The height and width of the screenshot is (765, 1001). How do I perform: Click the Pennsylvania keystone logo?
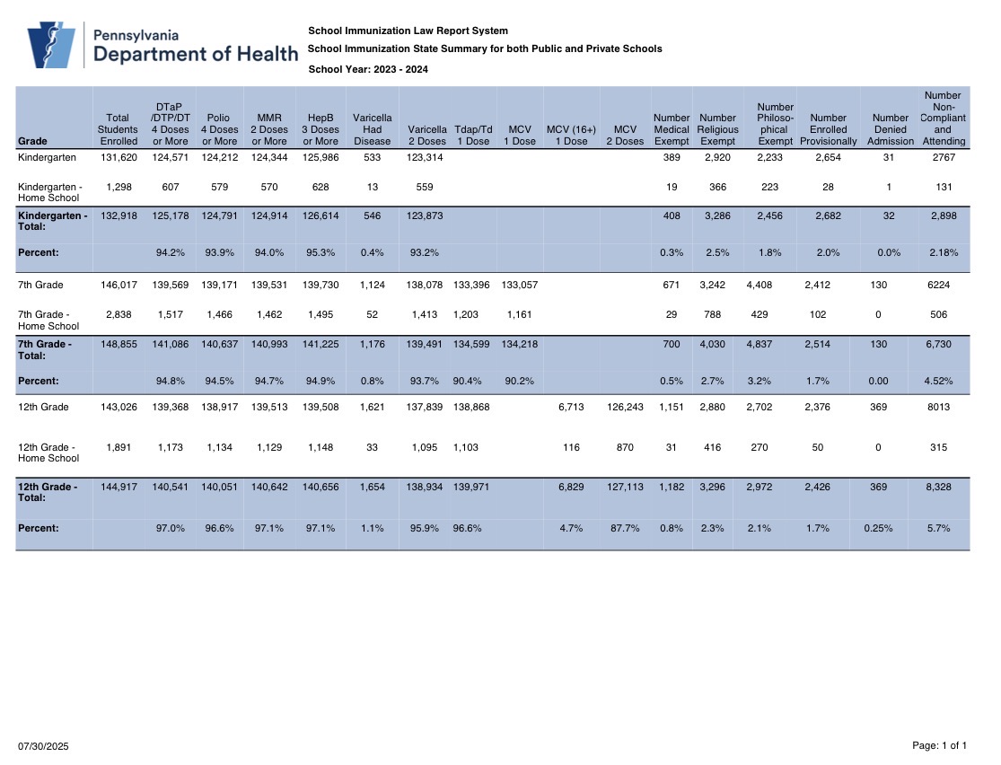tap(51, 45)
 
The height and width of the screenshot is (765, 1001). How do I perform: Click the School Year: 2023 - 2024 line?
tap(368, 69)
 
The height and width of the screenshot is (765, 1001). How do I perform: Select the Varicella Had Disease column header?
tap(373, 129)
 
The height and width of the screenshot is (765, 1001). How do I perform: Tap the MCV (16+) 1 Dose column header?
tap(571, 136)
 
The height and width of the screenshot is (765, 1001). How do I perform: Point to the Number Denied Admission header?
tap(890, 129)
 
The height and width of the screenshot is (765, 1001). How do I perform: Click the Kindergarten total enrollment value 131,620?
tap(119, 157)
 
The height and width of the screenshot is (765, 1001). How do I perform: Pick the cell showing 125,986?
tap(320, 157)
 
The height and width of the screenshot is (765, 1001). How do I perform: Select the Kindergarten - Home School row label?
tap(49, 192)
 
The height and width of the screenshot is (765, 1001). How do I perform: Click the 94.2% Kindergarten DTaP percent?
tap(171, 252)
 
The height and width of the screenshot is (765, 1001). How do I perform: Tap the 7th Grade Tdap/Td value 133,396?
tap(472, 285)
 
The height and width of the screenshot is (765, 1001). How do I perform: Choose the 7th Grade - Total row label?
tap(45, 349)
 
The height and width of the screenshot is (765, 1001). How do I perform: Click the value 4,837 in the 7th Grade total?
tap(759, 344)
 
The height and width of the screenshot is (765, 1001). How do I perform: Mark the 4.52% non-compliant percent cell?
tap(938, 381)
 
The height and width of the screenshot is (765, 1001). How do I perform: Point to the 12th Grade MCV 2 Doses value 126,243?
tap(625, 407)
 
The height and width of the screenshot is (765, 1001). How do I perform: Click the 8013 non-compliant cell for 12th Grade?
tap(938, 407)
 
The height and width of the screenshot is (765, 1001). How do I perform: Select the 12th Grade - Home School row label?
tap(48, 453)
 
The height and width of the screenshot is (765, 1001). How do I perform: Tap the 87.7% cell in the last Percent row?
tap(625, 528)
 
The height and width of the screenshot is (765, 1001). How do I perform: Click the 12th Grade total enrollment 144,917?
tap(119, 487)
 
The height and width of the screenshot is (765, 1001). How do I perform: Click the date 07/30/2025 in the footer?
tap(43, 746)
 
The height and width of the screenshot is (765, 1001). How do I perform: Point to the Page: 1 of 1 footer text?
tap(940, 745)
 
